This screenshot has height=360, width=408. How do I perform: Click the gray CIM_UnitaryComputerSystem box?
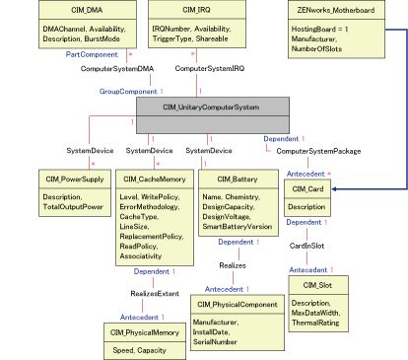point(212,107)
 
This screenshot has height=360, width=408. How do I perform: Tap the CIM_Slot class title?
point(316,283)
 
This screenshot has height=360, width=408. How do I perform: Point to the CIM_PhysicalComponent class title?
point(236,305)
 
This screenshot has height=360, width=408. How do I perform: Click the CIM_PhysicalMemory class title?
point(147,333)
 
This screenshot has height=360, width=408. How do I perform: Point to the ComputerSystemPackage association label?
point(317,151)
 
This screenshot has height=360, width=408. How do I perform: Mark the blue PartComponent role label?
point(92,54)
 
